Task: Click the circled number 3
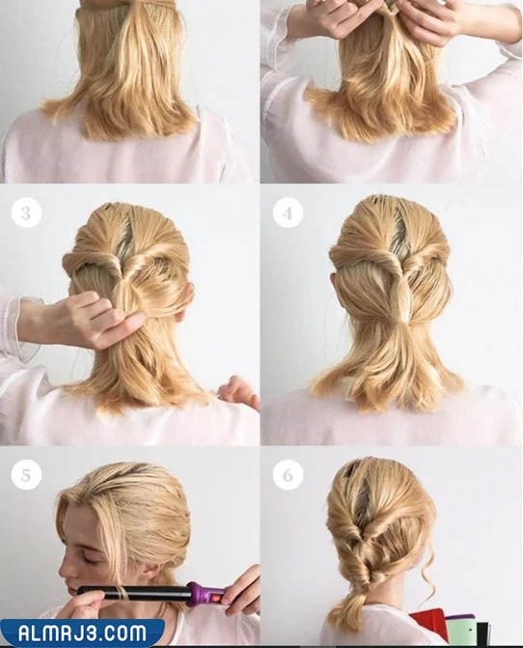tap(26, 213)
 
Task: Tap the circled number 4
tap(288, 213)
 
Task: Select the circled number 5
tap(26, 475)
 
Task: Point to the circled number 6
tap(288, 475)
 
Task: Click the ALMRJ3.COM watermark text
tap(82, 634)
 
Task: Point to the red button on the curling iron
tap(216, 598)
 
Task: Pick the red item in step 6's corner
tap(427, 626)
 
